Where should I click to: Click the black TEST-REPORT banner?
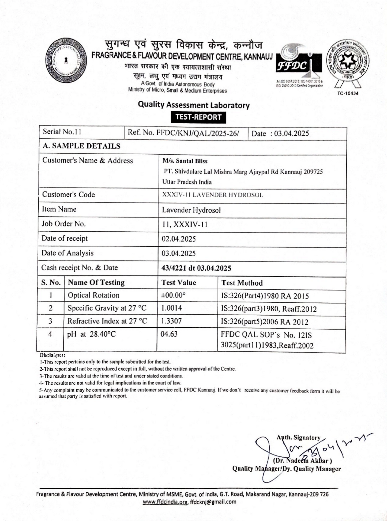pyautogui.click(x=198, y=117)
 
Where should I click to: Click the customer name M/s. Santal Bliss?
pyautogui.click(x=185, y=161)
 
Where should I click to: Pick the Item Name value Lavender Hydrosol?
pyautogui.click(x=191, y=210)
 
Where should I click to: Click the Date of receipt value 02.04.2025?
pyautogui.click(x=179, y=239)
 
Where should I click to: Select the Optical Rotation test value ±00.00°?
pyautogui.click(x=173, y=296)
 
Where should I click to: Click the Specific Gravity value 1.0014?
pyautogui.click(x=172, y=308)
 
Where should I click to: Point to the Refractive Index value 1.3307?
pyautogui.click(x=171, y=321)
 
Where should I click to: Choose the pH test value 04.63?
pyautogui.click(x=169, y=334)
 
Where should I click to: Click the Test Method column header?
pyautogui.click(x=242, y=283)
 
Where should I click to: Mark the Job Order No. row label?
pyautogui.click(x=64, y=224)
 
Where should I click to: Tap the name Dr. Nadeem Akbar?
pyautogui.click(x=302, y=461)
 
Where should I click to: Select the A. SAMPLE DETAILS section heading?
pyautogui.click(x=82, y=146)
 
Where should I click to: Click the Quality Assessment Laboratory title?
pyautogui.click(x=194, y=105)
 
